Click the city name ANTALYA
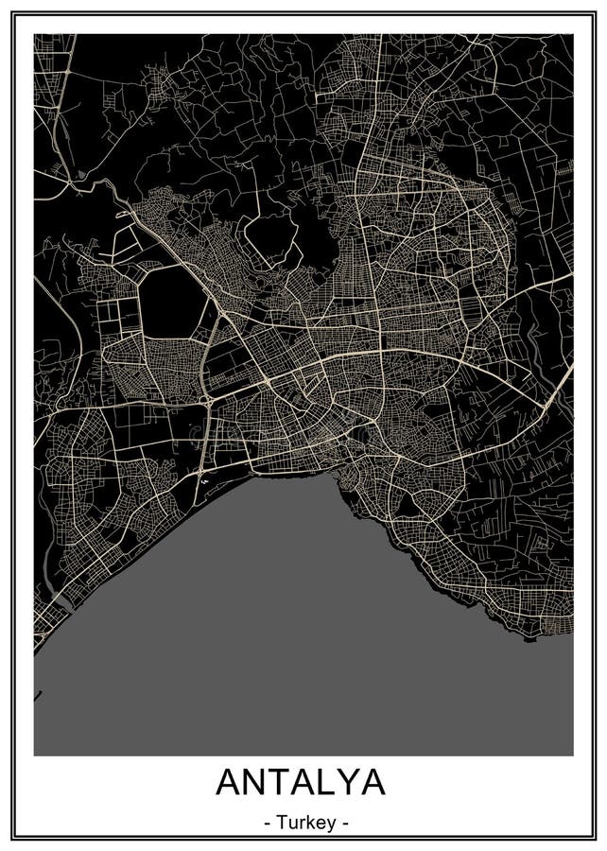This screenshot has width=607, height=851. tap(302, 783)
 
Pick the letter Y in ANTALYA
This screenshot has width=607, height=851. tap(353, 783)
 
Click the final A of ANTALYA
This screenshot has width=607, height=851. tap(375, 783)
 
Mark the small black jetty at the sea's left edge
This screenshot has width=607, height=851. tap(37, 697)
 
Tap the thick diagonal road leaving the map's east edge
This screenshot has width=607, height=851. tap(558, 383)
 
